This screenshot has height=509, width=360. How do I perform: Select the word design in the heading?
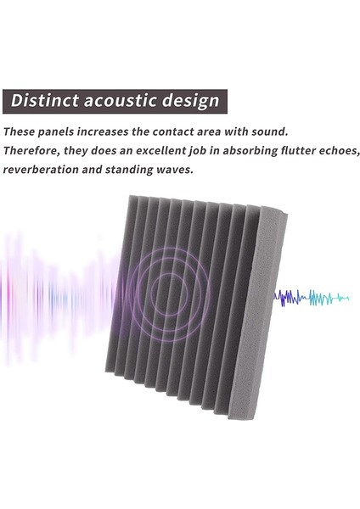click(x=192, y=101)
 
